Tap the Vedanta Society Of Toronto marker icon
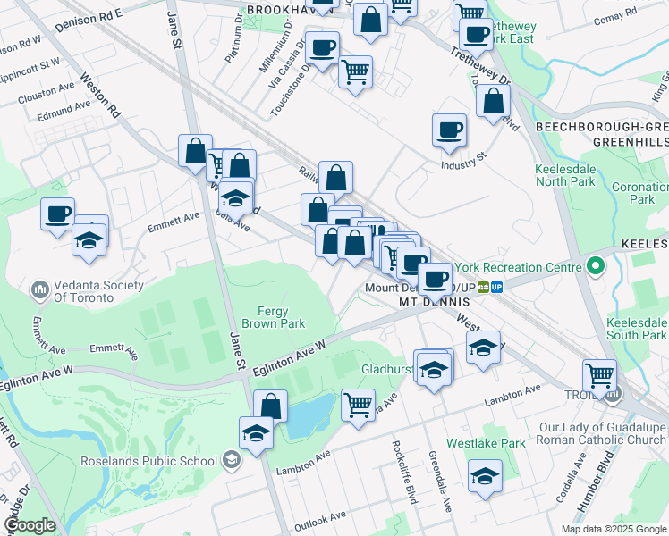[x=39, y=290]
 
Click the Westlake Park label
[x=499, y=443]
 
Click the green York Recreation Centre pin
[x=595, y=266]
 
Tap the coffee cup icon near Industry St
[x=449, y=130]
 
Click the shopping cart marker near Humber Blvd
[x=599, y=375]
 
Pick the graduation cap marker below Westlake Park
[x=485, y=474]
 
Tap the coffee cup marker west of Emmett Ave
[x=58, y=214]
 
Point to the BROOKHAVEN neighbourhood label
[x=284, y=9]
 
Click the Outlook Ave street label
[x=320, y=517]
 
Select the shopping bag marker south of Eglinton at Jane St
[x=270, y=406]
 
